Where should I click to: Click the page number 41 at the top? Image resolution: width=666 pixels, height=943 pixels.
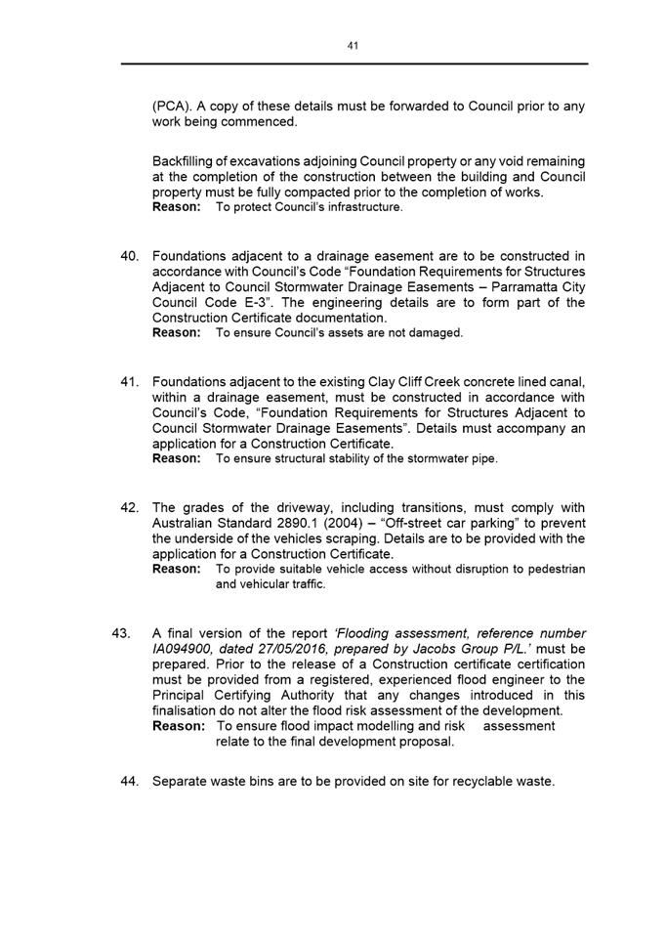tap(354, 45)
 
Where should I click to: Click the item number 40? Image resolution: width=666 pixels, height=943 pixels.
tap(131, 256)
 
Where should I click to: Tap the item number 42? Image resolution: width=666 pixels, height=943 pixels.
tap(131, 507)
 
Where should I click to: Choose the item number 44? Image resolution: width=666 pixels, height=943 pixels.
tap(131, 782)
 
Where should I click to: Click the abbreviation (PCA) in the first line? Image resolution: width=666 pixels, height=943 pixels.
tap(171, 106)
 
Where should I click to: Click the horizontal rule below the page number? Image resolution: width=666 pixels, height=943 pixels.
tap(354, 64)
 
